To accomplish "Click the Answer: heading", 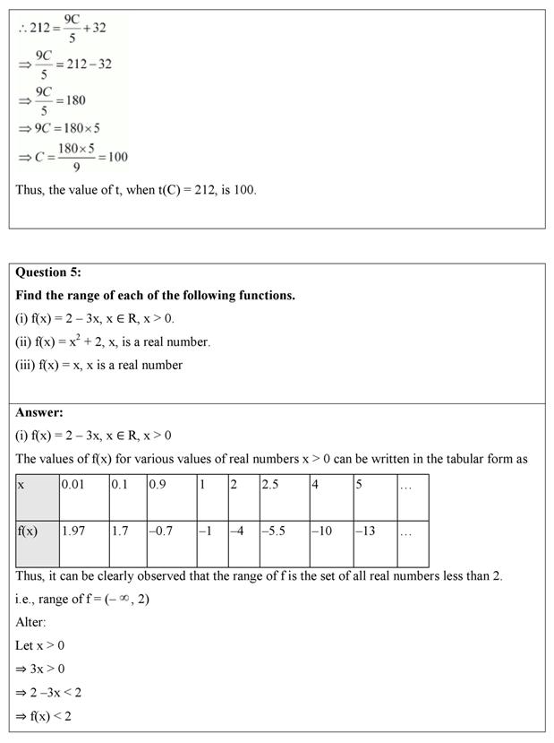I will point(39,412).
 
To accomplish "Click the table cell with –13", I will point(374,531).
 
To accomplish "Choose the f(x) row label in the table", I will point(38,531).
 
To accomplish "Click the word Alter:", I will point(30,622).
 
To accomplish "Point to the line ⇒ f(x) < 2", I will point(44,715).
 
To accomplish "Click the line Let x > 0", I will point(40,645).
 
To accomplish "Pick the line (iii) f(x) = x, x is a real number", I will point(99,365).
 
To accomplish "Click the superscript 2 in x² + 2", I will point(92,337).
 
